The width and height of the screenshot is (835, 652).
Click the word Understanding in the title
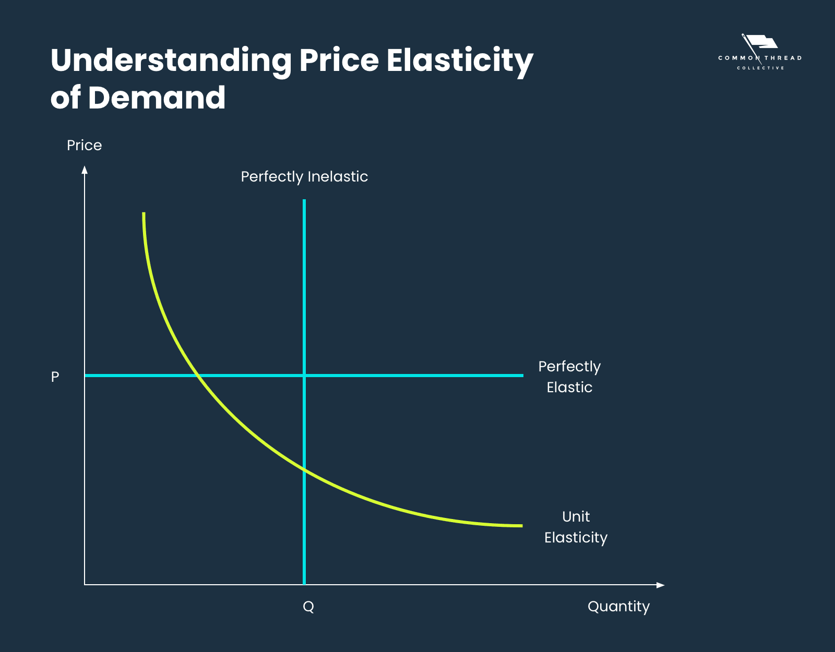point(171,61)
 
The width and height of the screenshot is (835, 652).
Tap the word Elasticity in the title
point(460,61)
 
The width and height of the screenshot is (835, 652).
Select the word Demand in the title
point(157,98)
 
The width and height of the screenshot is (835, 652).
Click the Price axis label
point(84,145)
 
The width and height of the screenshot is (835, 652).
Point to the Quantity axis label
point(618,607)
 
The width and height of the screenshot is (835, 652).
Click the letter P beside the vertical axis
point(55,377)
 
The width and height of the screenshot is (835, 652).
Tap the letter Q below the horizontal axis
point(308,607)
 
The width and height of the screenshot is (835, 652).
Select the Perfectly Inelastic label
point(304,177)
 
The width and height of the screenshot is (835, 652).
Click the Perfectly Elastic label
point(569,377)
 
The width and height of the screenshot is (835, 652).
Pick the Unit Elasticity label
point(576,527)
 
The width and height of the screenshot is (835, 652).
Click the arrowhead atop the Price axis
point(85,170)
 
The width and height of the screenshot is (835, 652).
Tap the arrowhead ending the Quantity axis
point(661,585)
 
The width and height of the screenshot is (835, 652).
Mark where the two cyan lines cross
point(304,375)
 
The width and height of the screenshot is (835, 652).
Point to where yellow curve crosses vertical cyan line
point(304,469)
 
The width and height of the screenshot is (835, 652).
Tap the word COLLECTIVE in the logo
point(760,68)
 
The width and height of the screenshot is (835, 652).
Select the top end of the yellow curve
point(144,213)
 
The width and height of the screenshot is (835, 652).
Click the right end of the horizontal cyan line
point(522,375)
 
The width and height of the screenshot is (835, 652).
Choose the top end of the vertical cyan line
point(304,200)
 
